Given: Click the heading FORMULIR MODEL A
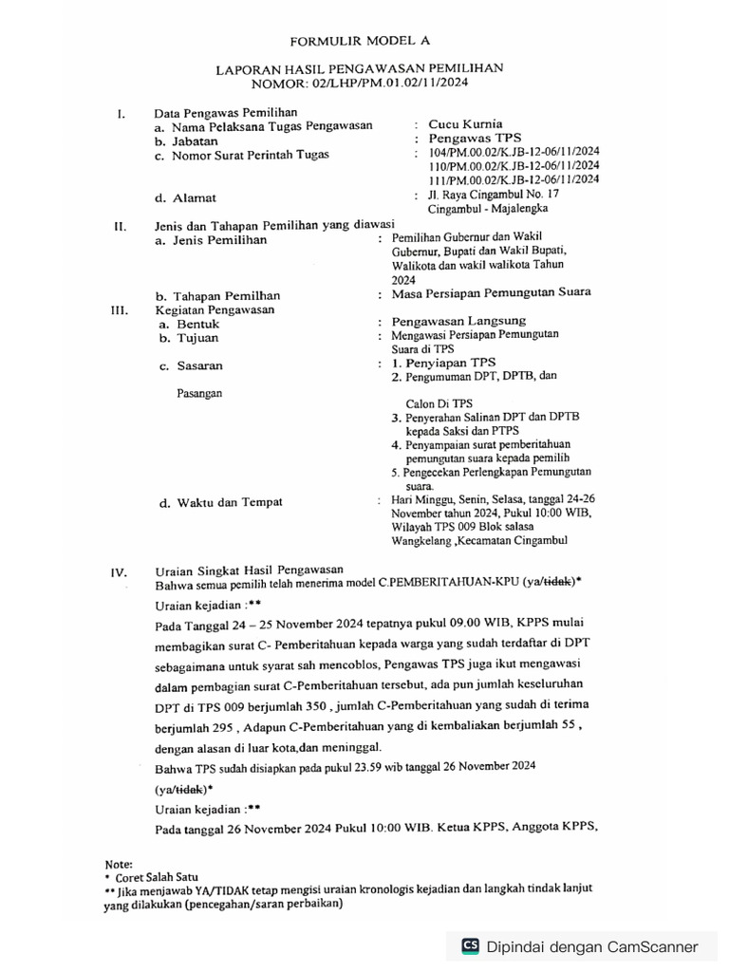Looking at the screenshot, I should pyautogui.click(x=359, y=41).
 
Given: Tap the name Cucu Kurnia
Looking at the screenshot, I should pyautogui.click(x=465, y=124).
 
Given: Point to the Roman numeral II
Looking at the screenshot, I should pyautogui.click(x=121, y=227).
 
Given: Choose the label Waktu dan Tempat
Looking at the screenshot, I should pyautogui.click(x=226, y=503).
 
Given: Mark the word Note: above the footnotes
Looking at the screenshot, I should pyautogui.click(x=119, y=864).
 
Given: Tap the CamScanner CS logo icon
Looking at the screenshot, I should pyautogui.click(x=469, y=945).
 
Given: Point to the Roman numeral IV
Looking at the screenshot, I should pyautogui.click(x=120, y=572).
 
